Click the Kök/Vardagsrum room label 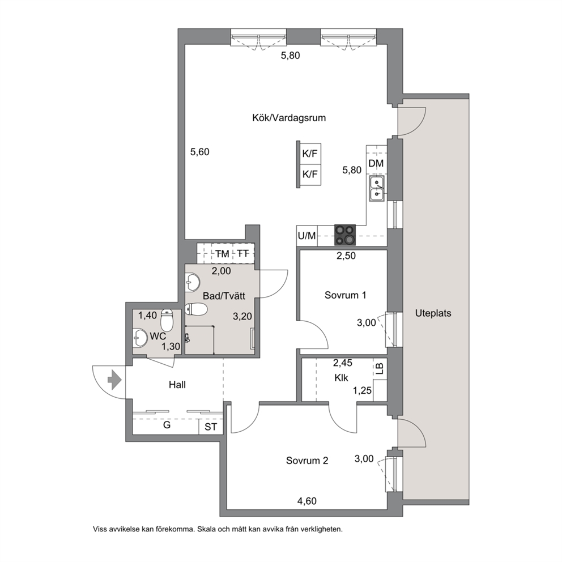289,118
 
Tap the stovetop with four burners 345,235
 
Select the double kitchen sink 377,189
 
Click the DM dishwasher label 376,163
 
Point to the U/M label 307,236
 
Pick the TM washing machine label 222,254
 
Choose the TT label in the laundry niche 243,254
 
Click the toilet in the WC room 167,320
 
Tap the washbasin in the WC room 140,338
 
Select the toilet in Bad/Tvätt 196,309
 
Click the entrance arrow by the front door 114,380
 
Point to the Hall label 177,385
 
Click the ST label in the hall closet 211,427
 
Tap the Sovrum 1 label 345,295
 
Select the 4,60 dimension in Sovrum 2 307,501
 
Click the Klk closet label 341,378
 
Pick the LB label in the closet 380,369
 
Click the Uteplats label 433,313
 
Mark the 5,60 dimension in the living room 199,152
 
